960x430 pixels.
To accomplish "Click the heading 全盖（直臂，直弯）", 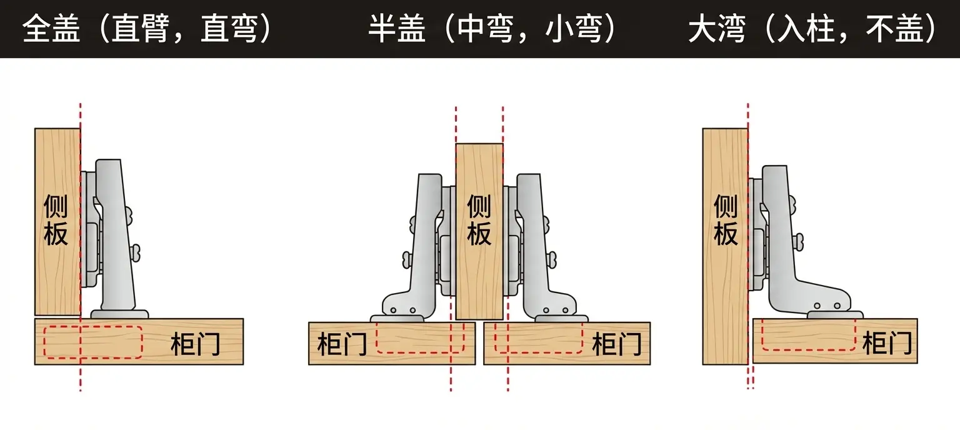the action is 147,29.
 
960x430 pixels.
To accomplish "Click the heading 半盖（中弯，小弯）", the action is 492,29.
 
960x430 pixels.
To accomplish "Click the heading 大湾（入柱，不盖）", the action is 812,29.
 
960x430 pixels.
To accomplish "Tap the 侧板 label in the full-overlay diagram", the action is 56,220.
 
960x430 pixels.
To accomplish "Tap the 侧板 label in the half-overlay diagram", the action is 479,220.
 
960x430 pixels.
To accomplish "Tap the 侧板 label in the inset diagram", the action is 726,220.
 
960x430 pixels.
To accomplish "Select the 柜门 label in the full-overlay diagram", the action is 196,344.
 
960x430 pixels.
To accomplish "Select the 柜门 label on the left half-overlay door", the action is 342,344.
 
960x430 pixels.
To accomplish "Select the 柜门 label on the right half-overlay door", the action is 617,344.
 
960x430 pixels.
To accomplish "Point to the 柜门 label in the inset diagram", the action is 887,343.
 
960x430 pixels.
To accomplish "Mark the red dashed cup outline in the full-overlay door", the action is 93,342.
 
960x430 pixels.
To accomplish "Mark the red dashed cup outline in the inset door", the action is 808,335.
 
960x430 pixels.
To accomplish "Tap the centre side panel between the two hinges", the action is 479,231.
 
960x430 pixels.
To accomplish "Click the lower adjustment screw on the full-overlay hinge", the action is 136,252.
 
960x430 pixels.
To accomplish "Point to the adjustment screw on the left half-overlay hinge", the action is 407,260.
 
